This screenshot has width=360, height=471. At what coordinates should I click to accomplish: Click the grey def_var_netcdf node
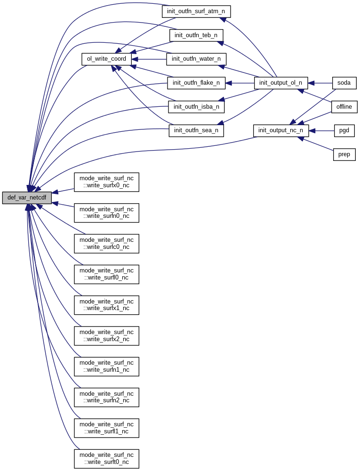(x=26, y=198)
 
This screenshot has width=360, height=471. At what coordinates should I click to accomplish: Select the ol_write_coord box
(x=106, y=59)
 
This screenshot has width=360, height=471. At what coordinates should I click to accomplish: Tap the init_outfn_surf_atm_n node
(x=196, y=11)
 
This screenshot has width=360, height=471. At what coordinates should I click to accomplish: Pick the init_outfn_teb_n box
(x=196, y=35)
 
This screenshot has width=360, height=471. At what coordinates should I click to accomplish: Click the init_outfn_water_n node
(x=196, y=59)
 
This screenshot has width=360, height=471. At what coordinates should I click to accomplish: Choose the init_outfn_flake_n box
(x=196, y=83)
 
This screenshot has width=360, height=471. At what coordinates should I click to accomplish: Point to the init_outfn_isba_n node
(x=196, y=107)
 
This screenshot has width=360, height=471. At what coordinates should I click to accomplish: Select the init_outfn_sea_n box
(x=196, y=130)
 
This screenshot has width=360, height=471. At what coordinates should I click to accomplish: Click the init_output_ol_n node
(x=281, y=83)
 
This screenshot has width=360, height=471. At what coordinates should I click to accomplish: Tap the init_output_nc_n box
(x=281, y=130)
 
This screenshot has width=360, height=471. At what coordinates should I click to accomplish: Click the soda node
(x=344, y=83)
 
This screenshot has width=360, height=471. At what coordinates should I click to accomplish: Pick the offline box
(x=344, y=107)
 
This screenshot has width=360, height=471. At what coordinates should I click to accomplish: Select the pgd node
(x=344, y=130)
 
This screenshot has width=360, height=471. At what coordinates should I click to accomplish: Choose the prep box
(x=344, y=154)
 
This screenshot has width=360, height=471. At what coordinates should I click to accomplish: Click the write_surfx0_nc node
(x=106, y=182)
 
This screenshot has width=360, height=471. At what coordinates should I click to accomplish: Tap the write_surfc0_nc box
(x=106, y=244)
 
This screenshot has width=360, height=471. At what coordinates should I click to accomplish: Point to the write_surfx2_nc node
(x=106, y=336)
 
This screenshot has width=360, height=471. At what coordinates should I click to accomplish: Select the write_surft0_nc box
(x=106, y=459)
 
